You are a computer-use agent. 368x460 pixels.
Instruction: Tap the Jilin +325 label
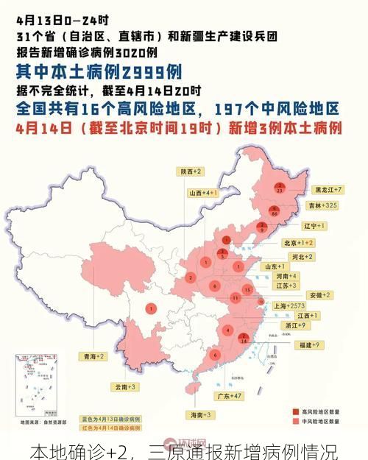tap(325, 205)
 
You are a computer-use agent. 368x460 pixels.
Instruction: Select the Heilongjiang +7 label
tap(328, 189)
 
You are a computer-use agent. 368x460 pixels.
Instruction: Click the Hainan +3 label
tap(199, 415)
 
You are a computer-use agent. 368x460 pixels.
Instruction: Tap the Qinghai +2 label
tap(93, 356)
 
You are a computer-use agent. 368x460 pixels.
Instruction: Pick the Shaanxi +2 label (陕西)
tap(191, 171)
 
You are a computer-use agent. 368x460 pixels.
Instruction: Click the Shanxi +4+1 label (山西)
tap(203, 192)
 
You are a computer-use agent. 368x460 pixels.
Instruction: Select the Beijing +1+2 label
tap(299, 242)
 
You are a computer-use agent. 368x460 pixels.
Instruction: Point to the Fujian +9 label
tap(308, 344)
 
